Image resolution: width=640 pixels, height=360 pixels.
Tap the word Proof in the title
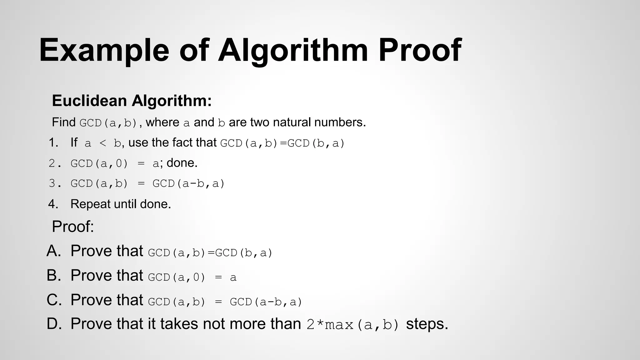420,50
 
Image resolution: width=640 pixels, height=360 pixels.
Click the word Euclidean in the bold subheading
89,101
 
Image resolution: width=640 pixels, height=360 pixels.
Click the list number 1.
53,143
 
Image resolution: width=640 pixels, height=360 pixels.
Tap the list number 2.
53,163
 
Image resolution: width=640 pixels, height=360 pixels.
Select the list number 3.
53,183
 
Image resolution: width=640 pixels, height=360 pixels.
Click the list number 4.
53,204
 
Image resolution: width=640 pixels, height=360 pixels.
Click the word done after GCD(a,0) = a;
181,163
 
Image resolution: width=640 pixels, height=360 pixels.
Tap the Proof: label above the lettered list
73,227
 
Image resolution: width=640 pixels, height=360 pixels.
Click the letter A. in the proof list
54,251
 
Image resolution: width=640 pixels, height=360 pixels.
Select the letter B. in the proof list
54,276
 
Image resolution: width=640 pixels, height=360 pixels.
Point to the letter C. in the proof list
54,300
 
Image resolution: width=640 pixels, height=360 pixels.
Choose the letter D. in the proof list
54,324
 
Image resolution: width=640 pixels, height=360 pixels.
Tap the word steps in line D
427,324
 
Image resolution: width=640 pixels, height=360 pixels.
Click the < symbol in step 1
103,143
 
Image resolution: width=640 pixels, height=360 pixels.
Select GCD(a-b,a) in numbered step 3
189,183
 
